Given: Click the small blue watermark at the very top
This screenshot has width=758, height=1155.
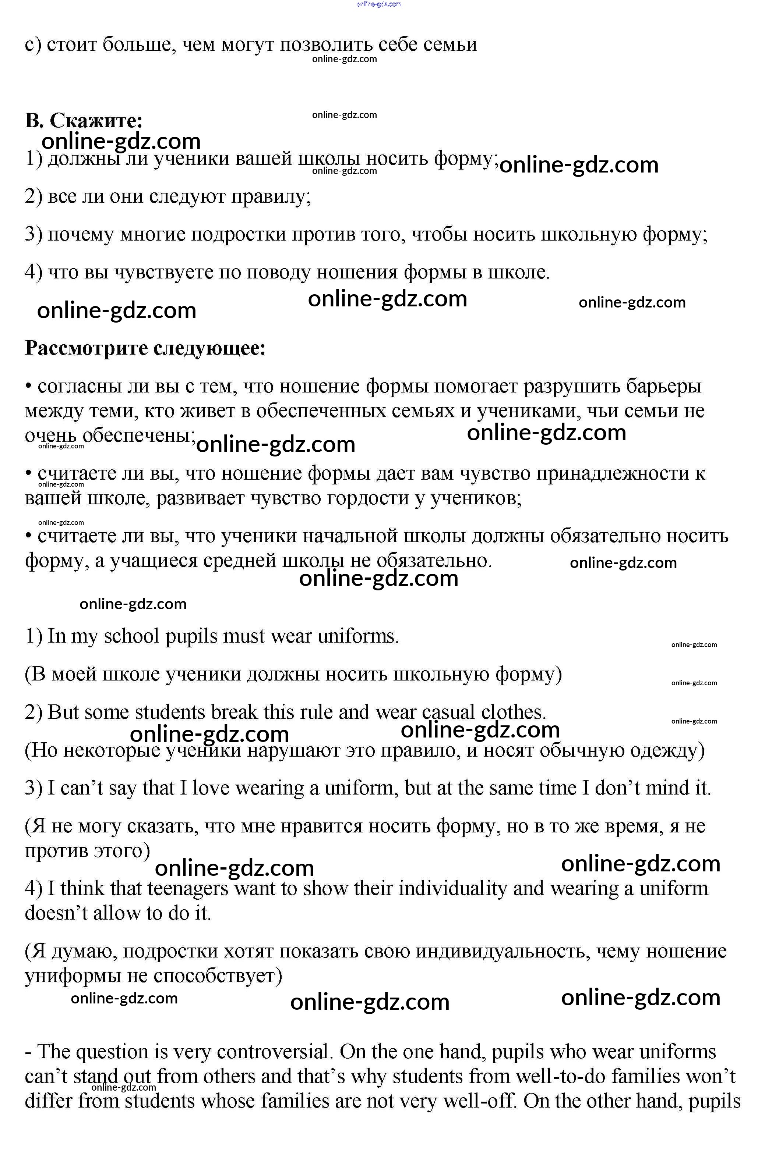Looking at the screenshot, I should (379, 4).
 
